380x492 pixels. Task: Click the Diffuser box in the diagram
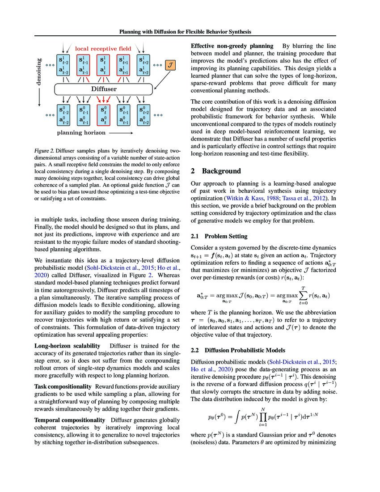(104, 89)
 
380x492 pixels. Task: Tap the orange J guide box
(170, 65)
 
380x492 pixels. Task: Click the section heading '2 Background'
(216, 171)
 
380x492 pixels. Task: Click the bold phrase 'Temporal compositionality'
(70, 420)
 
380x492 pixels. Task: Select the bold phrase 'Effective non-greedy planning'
(232, 46)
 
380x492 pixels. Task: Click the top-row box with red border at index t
(104, 65)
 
